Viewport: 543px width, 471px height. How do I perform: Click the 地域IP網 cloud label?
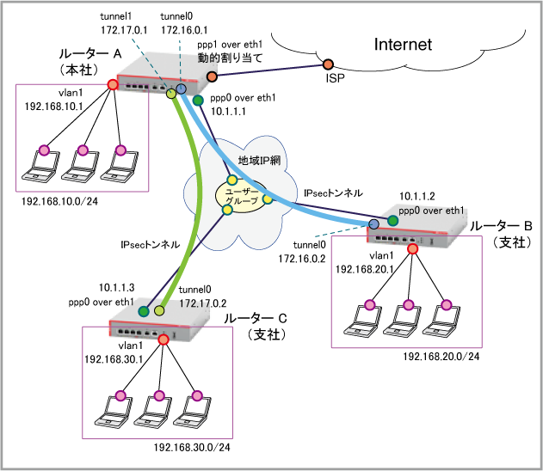pyautogui.click(x=259, y=161)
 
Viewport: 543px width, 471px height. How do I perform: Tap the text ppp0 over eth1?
pyautogui.click(x=431, y=211)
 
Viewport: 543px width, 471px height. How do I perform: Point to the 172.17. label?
pyautogui.click(x=196, y=303)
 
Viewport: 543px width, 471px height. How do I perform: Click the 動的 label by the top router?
pyautogui.click(x=207, y=58)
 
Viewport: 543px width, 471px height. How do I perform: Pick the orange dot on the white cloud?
pyautogui.click(x=328, y=64)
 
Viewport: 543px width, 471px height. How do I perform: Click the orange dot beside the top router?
pyautogui.click(x=212, y=76)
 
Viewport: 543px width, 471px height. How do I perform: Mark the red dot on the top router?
pyautogui.click(x=112, y=84)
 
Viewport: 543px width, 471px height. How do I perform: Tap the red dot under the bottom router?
pyautogui.click(x=164, y=339)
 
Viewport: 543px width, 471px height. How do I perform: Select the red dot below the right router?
pyautogui.click(x=412, y=248)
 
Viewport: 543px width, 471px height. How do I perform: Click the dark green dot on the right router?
pyautogui.click(x=392, y=221)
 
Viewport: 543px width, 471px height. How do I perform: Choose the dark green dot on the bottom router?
pyautogui.click(x=144, y=311)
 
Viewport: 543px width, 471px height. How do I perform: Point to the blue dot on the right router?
pyautogui.click(x=373, y=224)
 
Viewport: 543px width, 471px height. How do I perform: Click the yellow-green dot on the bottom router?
pyautogui.click(x=159, y=310)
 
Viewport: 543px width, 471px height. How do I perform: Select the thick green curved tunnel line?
pyautogui.click(x=197, y=198)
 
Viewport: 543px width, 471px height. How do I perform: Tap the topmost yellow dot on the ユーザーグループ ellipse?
pyautogui.click(x=231, y=180)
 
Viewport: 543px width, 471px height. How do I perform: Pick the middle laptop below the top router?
pyautogui.click(x=79, y=164)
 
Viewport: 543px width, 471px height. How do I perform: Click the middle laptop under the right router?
pyautogui.click(x=404, y=319)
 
